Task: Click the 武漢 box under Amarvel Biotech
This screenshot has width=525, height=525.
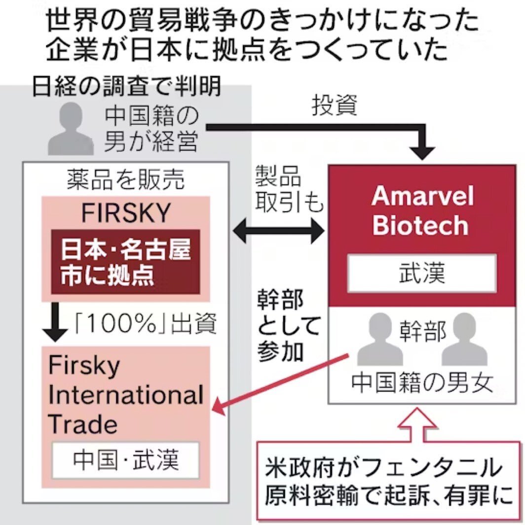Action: click(x=421, y=273)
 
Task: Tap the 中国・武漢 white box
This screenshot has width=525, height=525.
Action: click(x=125, y=460)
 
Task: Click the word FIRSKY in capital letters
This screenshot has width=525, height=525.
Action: click(x=126, y=214)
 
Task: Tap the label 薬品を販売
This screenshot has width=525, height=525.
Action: click(x=126, y=180)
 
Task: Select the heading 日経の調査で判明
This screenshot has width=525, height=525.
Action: click(x=127, y=88)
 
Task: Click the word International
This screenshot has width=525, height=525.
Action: click(x=126, y=395)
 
